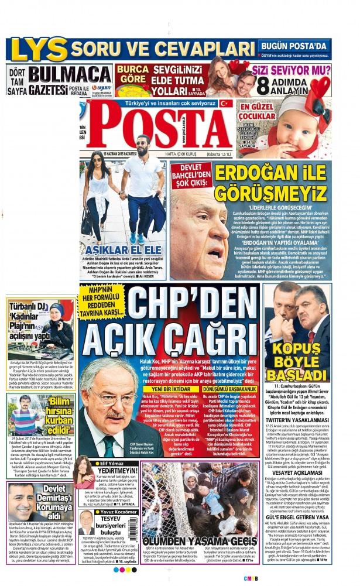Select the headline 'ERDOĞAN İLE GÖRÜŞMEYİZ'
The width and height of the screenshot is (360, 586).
click(270, 183)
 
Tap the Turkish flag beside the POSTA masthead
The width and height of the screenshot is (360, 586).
click(225, 104)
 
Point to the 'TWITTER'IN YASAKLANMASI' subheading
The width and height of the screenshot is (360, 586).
click(298, 437)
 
